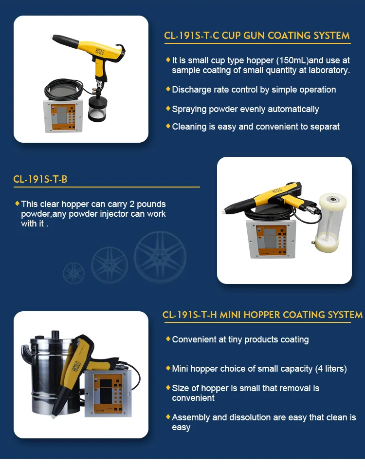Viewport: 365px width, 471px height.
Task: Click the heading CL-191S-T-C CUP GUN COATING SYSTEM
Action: [257, 36]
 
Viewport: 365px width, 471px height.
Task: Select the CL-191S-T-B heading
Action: [40, 179]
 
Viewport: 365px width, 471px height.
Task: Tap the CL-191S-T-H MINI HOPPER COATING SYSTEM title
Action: [262, 315]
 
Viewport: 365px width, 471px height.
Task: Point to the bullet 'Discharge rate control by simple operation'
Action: [254, 90]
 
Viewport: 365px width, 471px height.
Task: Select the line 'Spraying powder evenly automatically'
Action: [245, 109]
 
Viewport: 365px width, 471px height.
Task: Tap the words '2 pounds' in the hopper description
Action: [149, 204]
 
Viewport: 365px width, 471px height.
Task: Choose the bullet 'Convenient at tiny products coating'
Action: [240, 339]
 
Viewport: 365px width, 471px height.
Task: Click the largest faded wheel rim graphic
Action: [160, 257]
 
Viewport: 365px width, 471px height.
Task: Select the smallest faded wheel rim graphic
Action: [73, 273]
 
